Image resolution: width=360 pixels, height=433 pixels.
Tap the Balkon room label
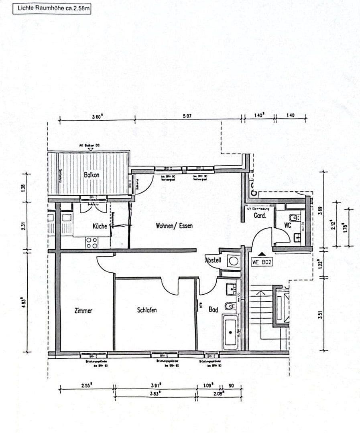92,175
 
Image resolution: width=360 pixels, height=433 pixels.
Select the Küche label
100,226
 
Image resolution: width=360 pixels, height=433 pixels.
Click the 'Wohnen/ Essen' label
174,226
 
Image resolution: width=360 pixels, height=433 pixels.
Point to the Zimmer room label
83,310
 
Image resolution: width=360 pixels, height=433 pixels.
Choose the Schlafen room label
147,310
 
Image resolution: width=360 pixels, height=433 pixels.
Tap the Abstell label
213,260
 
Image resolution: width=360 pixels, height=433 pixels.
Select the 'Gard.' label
258,215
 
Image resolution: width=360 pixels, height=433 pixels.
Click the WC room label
287,225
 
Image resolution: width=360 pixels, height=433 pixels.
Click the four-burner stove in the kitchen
92,243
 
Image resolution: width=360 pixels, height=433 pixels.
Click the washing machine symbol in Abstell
233,261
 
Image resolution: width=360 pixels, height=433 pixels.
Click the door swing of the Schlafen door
169,288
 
